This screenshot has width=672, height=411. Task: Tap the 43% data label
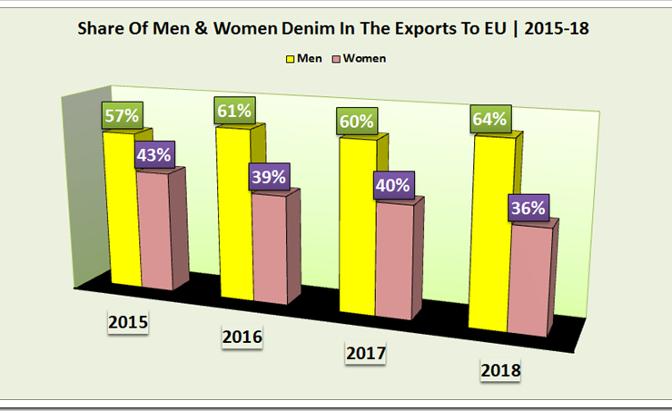153,154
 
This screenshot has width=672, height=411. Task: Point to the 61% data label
233,112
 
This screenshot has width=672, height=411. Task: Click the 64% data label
489,119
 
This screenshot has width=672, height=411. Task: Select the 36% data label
528,208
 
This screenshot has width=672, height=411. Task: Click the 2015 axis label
127,322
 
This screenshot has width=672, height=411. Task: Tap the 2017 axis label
366,353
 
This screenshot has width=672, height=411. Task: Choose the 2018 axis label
499,370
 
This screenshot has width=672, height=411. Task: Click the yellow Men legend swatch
292,59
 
